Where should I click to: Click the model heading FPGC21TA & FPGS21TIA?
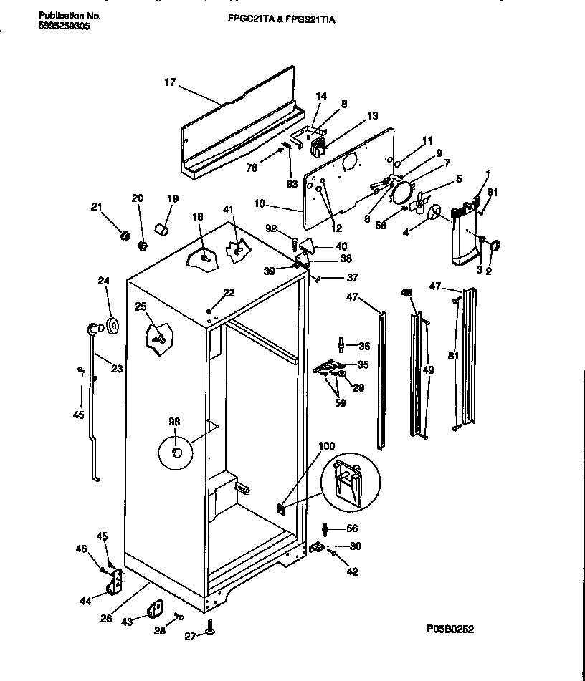click(x=275, y=21)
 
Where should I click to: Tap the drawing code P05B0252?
click(x=450, y=629)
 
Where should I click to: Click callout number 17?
click(x=170, y=83)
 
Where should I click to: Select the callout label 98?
click(x=173, y=422)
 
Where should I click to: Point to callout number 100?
click(x=325, y=446)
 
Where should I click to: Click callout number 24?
click(x=103, y=281)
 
